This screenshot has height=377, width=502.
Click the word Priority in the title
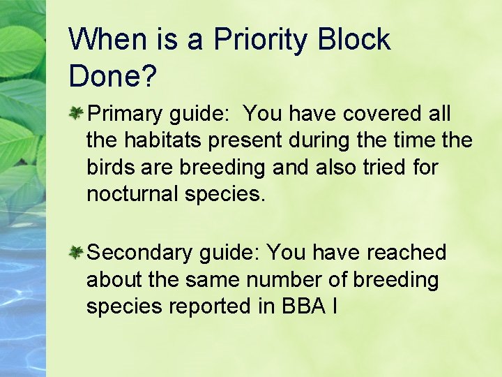[x=260, y=40]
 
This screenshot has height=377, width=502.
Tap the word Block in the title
[x=353, y=40]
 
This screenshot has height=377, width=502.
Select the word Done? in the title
[x=112, y=76]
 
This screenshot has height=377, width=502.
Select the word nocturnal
[x=132, y=194]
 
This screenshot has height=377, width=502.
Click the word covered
[x=379, y=113]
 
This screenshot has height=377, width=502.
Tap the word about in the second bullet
[x=114, y=279]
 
